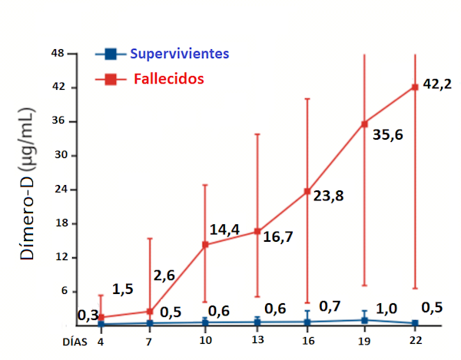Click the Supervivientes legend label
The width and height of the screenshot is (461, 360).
click(179, 54)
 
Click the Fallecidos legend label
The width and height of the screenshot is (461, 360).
click(168, 78)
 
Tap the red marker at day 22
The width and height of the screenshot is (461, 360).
click(415, 87)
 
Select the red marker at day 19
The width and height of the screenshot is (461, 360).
click(364, 123)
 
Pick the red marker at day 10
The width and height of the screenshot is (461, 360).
click(205, 245)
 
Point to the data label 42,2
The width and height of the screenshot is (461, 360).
click(436, 84)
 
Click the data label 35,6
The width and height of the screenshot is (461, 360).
click(386, 136)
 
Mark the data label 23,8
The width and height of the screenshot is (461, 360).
click(328, 195)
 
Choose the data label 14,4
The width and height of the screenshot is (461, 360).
click(225, 230)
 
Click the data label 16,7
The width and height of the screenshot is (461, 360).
click(277, 236)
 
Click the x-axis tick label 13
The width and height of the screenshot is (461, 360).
click(257, 341)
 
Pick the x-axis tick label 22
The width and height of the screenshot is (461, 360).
click(415, 341)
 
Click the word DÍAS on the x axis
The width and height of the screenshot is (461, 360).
click(75, 341)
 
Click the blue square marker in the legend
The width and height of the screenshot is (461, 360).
click(111, 54)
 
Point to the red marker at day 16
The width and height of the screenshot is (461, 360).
click(307, 191)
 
